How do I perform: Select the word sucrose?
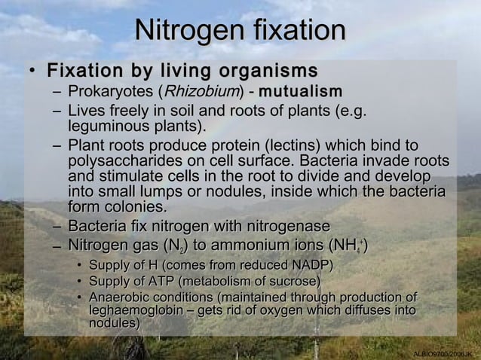tap(293, 282)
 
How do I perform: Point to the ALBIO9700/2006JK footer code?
tap(443, 354)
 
